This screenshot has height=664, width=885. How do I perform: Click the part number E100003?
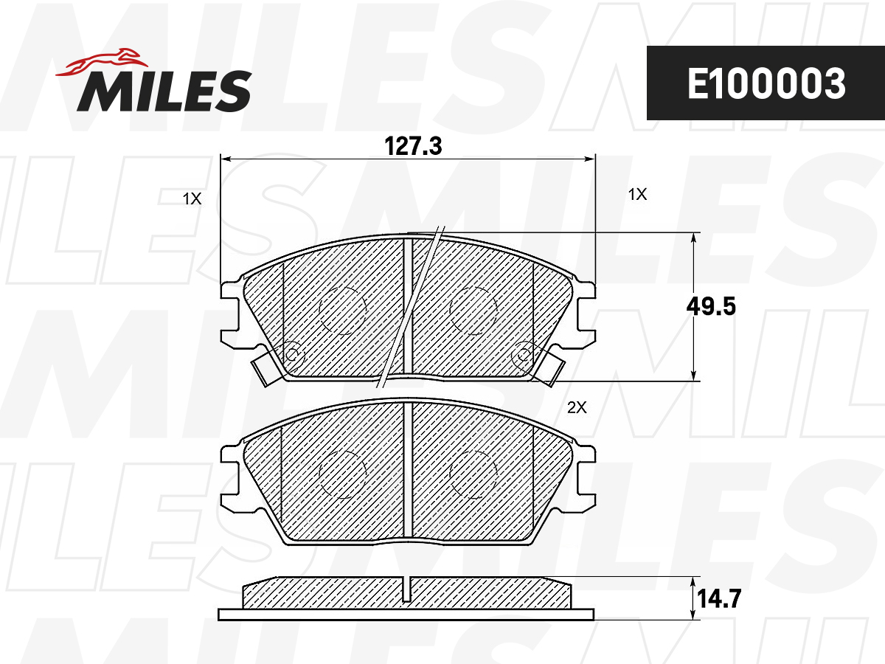(766, 84)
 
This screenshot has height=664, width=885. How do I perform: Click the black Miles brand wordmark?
(164, 91)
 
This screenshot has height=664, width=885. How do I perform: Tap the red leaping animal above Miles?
(103, 63)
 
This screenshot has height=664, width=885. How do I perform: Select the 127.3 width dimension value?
(413, 146)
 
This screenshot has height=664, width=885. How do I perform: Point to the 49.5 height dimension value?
(711, 306)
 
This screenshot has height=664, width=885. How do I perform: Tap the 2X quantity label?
(577, 407)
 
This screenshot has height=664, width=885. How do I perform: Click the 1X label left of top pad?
(192, 198)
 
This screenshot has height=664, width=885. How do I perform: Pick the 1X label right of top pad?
(637, 194)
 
